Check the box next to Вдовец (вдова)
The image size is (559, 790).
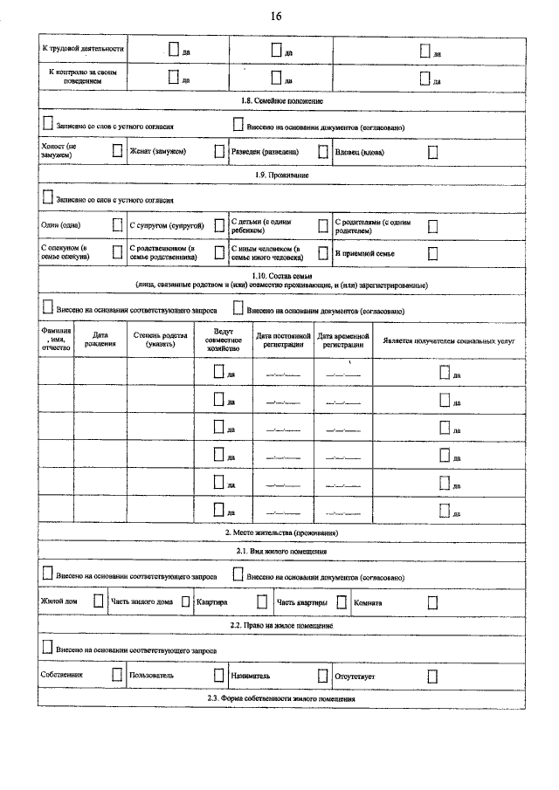[x=432, y=151]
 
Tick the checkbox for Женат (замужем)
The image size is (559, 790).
[x=219, y=151]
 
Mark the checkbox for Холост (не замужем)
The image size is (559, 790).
[x=117, y=151]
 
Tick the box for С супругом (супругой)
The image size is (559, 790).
[x=219, y=225]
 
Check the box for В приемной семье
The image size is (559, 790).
[x=432, y=253]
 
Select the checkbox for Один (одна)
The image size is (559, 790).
[x=117, y=225]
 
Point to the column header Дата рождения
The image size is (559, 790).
[x=100, y=340]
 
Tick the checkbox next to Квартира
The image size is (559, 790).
[x=261, y=601]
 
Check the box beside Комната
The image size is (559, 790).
[x=432, y=601]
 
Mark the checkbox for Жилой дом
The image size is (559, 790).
[x=99, y=601]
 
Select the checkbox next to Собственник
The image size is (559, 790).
[x=117, y=675]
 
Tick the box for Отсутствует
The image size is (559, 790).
[x=432, y=676]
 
